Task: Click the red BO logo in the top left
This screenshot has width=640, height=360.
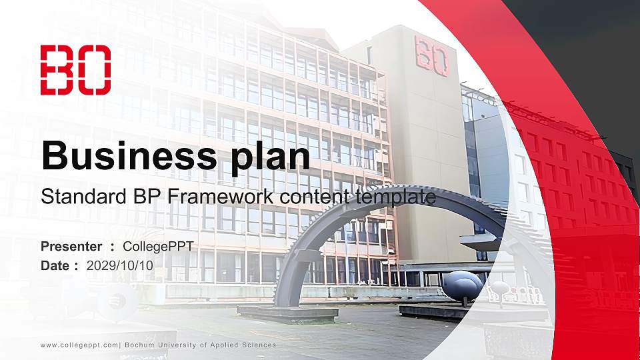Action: pos(75,70)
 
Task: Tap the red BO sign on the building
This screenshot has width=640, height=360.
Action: pos(431,55)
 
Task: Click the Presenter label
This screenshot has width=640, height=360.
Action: pos(71,247)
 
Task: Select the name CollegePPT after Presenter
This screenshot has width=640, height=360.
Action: pos(158,247)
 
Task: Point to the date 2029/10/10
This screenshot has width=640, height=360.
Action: pos(120,265)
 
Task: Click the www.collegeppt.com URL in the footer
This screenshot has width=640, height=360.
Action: pos(79,345)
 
